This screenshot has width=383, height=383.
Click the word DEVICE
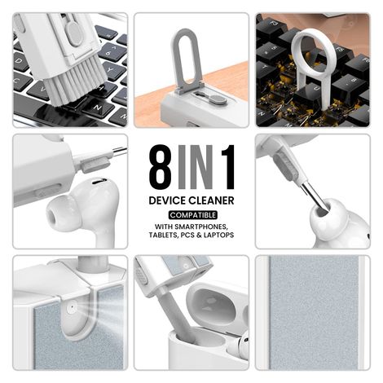pyautogui.click(x=168, y=200)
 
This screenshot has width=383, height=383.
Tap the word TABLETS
pyautogui.click(x=161, y=235)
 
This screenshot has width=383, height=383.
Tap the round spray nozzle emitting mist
pyautogui.click(x=72, y=310)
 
